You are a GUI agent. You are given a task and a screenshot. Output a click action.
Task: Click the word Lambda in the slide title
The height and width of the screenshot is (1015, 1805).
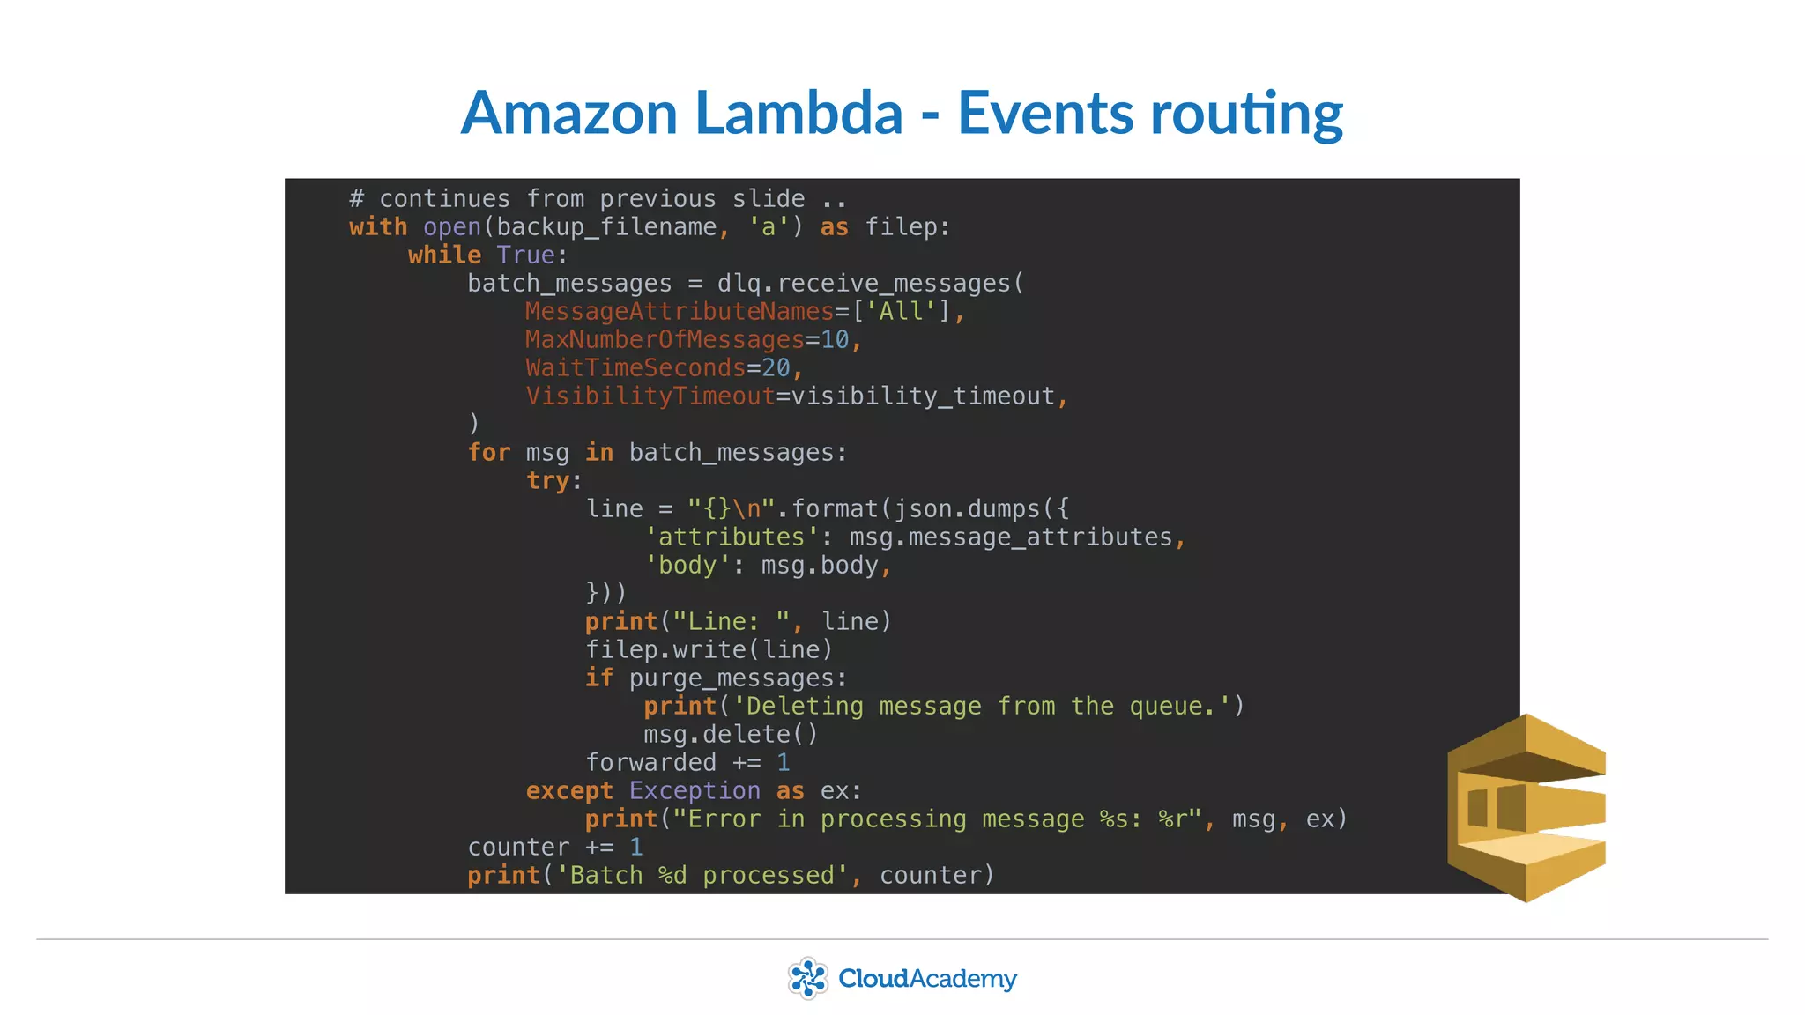[x=799, y=113]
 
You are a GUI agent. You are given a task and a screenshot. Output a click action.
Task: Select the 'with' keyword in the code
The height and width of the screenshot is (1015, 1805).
[x=378, y=227]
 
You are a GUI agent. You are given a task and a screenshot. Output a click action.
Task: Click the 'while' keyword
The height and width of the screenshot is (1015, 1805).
[x=444, y=256]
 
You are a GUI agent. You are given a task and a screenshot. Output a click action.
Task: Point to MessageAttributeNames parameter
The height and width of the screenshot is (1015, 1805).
[x=679, y=312]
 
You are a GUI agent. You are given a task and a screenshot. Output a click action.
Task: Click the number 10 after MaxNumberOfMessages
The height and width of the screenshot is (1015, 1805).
[x=834, y=340]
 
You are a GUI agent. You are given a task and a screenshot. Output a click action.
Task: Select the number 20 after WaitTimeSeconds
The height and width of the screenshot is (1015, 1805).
[x=776, y=368]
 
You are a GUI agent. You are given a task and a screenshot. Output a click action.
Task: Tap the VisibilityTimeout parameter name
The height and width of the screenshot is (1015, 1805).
[x=650, y=396]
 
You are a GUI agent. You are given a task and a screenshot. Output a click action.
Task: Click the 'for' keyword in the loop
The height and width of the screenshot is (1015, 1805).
[x=489, y=453]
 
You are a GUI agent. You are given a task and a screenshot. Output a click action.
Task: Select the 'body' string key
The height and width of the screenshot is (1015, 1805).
[x=687, y=566]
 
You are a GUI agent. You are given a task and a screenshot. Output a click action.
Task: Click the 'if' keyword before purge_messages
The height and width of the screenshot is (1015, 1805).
[x=598, y=678]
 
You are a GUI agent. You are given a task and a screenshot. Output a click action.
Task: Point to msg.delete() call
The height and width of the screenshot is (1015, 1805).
[x=731, y=735]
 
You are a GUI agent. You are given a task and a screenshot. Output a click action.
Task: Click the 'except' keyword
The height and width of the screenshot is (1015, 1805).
[x=569, y=791]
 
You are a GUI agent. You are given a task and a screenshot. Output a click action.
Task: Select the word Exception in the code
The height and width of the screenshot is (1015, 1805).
[x=695, y=791]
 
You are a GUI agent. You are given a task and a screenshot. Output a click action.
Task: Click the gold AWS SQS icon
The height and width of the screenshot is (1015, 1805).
[x=1526, y=807]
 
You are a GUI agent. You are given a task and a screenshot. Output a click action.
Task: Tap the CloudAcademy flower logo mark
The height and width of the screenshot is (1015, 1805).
[x=807, y=978]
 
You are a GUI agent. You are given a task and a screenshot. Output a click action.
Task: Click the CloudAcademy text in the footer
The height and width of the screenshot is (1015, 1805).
[x=927, y=979]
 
